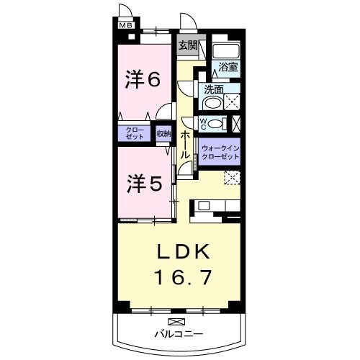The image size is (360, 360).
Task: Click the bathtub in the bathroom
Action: click(225, 52)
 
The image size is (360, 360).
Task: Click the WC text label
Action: click(204, 123)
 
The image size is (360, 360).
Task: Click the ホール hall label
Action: click(186, 143)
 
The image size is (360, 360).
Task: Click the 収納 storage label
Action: click(163, 133)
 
